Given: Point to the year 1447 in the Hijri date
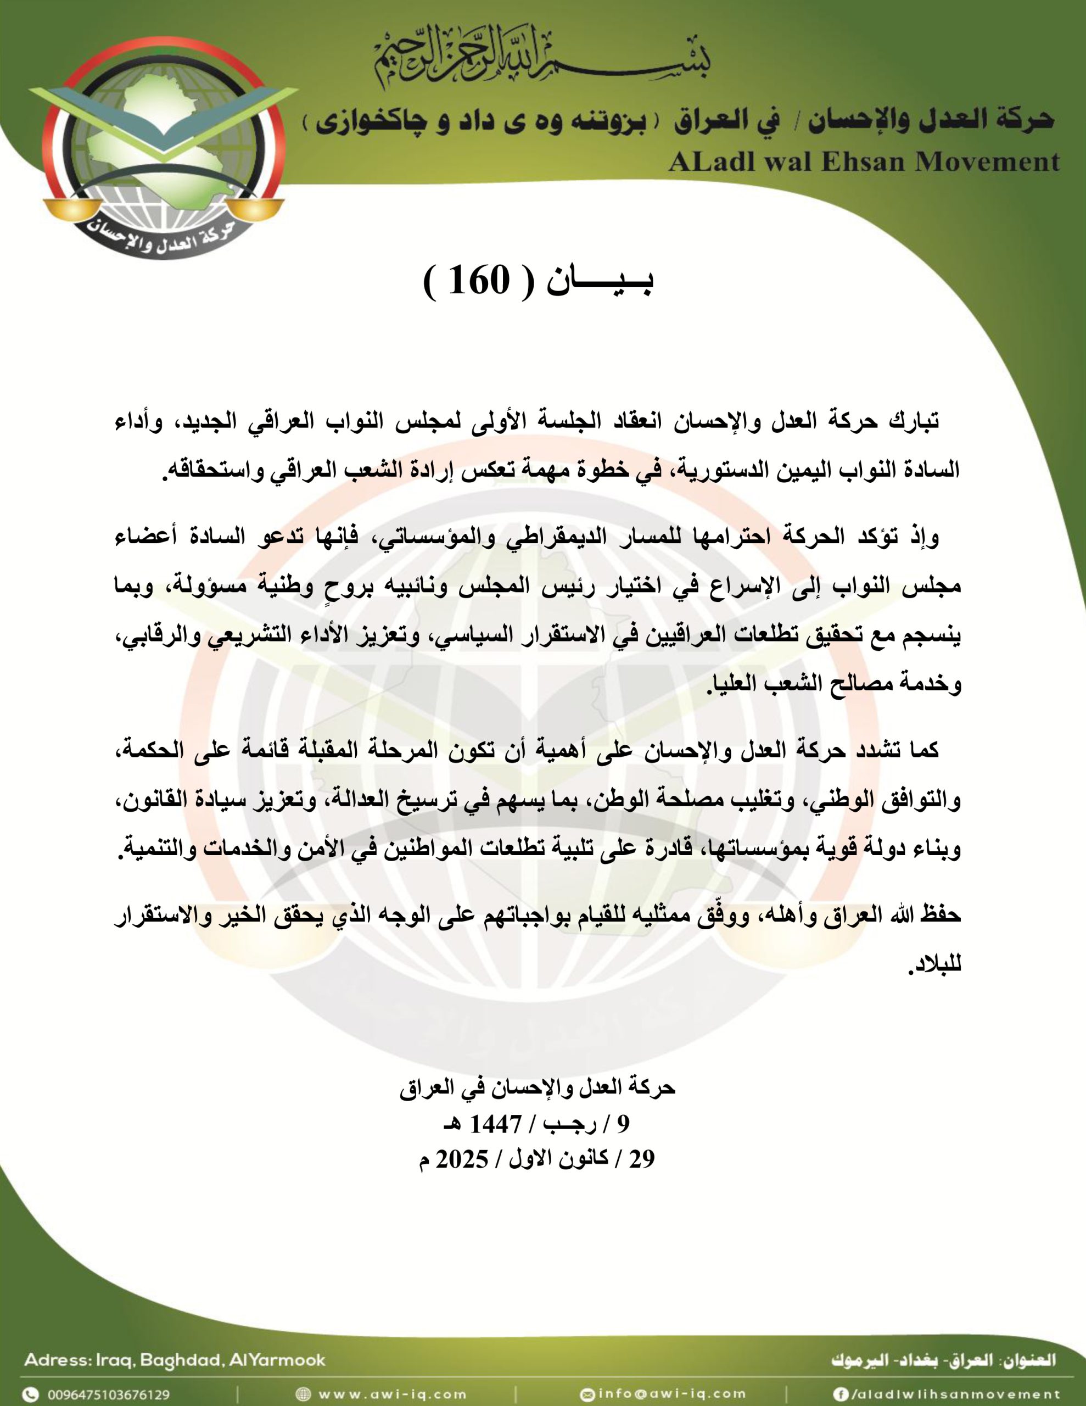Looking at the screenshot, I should point(495,1124).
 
